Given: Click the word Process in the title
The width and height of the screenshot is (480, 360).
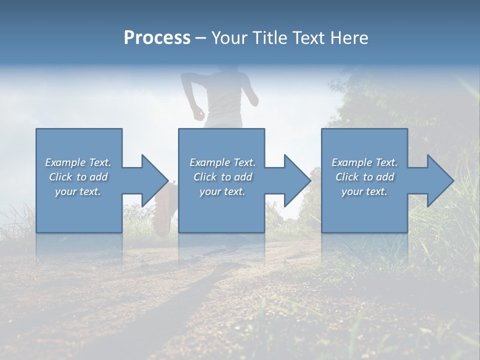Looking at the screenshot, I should pos(157,37).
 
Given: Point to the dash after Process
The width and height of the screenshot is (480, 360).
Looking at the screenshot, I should pos(201,38).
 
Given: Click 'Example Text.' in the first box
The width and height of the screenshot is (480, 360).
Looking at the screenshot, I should pos(78,162).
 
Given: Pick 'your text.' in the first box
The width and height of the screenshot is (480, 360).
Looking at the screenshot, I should pos(78,191).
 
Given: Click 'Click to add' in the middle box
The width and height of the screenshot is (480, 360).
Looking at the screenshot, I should pos(222,177).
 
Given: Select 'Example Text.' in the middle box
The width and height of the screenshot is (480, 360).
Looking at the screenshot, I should pos(222,162).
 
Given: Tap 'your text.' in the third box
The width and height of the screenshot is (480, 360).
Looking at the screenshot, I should pos(364,191).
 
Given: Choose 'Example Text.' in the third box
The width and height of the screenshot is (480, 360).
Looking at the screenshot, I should pos(364,162).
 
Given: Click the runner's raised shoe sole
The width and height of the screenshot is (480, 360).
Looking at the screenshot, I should pos(162,210).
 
